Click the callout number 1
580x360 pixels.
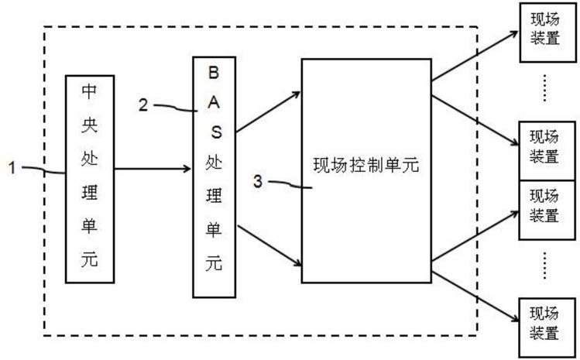[12, 167]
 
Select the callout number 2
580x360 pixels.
[143, 105]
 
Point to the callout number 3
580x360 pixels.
[258, 181]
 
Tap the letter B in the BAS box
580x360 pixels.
[214, 73]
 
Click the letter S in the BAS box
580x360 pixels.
[216, 132]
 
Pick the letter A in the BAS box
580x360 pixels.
[214, 102]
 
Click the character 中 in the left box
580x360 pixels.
[89, 91]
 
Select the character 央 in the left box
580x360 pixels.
[90, 125]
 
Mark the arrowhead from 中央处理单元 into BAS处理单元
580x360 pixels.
[187, 169]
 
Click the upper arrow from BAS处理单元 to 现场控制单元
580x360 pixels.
[268, 111]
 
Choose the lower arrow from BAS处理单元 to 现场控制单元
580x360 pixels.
[269, 245]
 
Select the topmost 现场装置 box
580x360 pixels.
[547, 33]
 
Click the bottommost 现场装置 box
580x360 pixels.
[547, 327]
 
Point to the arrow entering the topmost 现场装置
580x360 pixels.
[475, 56]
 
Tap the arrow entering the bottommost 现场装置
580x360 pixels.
[475, 297]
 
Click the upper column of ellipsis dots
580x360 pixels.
[544, 87]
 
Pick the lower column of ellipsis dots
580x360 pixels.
[544, 266]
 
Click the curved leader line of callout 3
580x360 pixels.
[290, 184]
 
